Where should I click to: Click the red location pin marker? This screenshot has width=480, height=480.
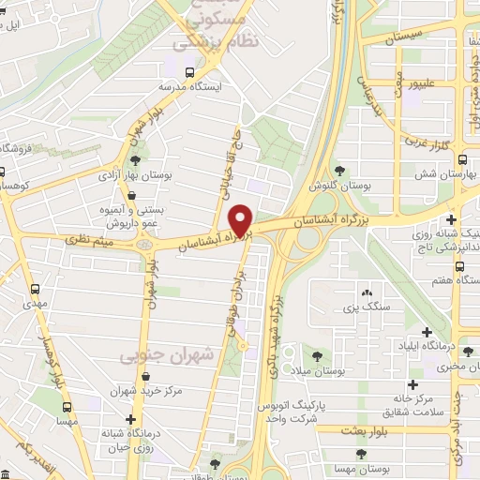point(242,221)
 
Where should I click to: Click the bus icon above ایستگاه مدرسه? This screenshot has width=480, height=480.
point(191,71)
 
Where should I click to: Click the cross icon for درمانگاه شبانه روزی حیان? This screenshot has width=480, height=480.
point(130,419)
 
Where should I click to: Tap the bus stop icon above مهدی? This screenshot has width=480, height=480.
point(36,290)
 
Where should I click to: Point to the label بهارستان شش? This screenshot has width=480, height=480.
point(438,175)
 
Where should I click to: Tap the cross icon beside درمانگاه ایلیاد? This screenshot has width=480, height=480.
point(427,332)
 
